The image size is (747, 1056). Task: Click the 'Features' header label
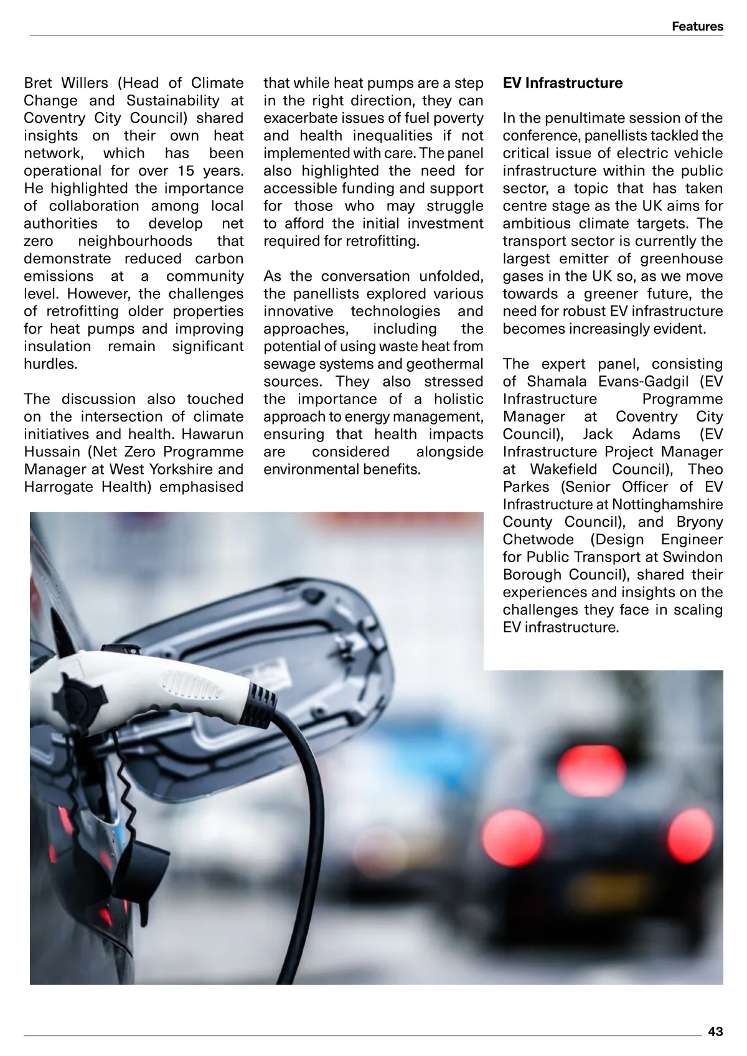pyautogui.click(x=697, y=27)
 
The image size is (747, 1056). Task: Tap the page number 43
pyautogui.click(x=715, y=1032)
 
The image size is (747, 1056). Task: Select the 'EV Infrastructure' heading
pyautogui.click(x=563, y=83)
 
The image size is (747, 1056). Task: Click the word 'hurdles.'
pyautogui.click(x=50, y=364)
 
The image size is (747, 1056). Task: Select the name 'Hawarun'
pyautogui.click(x=212, y=434)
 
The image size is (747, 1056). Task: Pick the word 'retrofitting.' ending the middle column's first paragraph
pyautogui.click(x=381, y=241)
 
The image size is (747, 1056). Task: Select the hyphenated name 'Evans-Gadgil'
pyautogui.click(x=635, y=382)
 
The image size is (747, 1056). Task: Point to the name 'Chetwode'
pyautogui.click(x=536, y=539)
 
